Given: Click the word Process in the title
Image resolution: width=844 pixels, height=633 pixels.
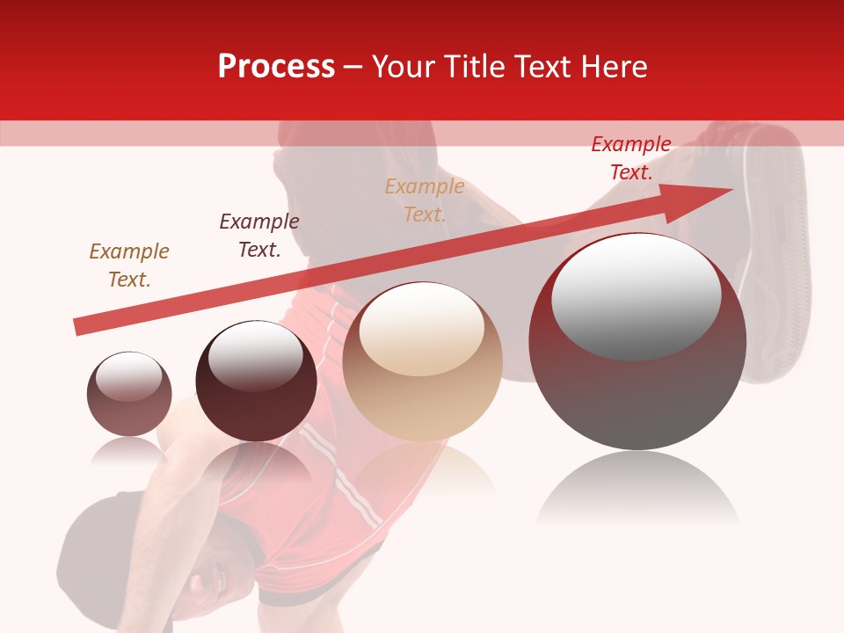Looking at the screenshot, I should pos(276,67).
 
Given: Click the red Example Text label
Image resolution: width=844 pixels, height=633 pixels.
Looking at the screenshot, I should pos(631,158).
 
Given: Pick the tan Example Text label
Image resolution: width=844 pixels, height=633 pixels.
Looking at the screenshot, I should pos(425,200).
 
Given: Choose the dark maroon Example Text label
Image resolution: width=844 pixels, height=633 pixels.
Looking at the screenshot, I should pos(259,235).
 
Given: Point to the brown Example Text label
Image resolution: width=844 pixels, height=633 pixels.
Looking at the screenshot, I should pos(129,265).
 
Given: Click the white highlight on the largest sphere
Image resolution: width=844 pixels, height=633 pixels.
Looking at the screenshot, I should pos(636,295).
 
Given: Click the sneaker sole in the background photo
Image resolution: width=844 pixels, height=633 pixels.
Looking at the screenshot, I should pos(774,255).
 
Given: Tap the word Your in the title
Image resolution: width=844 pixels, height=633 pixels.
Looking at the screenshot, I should pos(404,67).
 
